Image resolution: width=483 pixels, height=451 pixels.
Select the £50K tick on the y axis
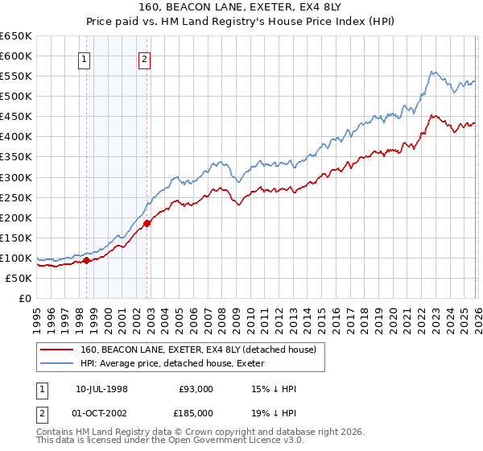point(19,278)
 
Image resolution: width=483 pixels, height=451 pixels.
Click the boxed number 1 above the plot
point(85,58)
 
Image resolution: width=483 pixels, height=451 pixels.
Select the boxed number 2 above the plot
point(143,58)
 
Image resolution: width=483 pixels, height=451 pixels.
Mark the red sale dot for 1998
point(86,260)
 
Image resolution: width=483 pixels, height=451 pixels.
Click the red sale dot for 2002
point(147,223)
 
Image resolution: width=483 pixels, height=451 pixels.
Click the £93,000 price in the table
point(196,388)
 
